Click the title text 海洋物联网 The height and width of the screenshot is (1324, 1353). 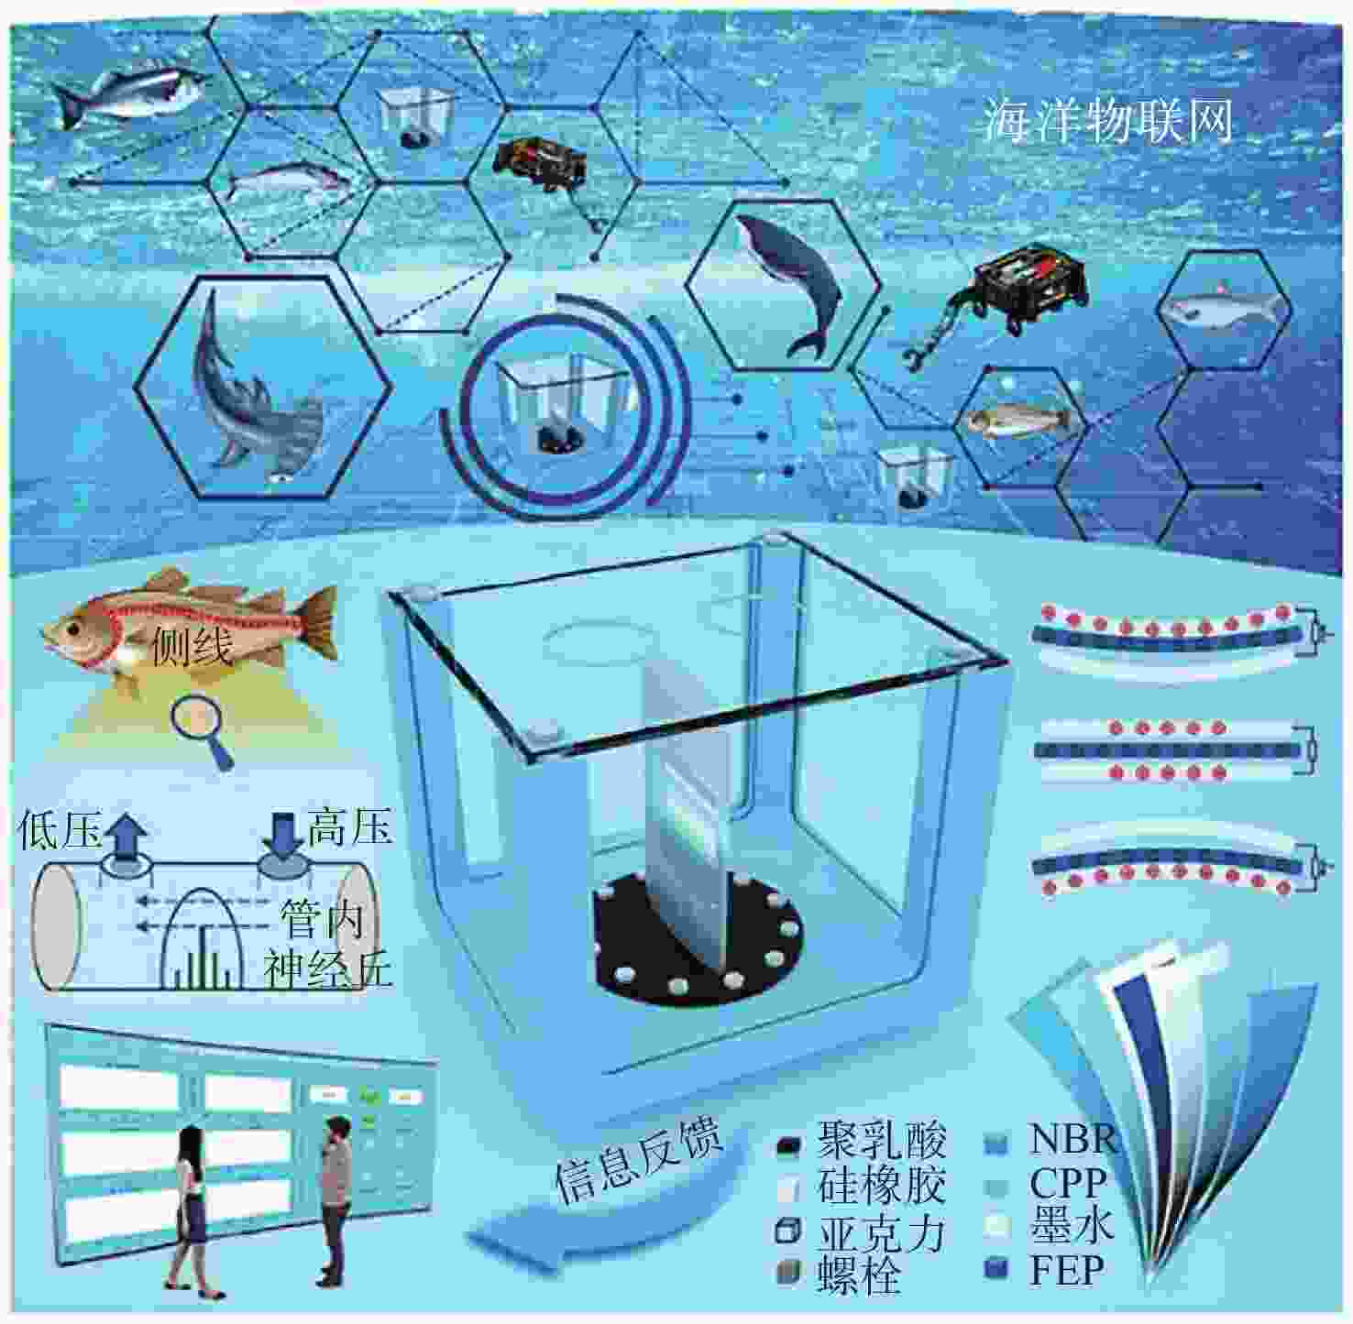(x=1109, y=121)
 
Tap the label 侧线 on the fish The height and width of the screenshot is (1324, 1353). (x=192, y=647)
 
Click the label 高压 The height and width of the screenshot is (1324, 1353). (x=350, y=827)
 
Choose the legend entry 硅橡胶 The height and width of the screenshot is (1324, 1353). (x=862, y=1187)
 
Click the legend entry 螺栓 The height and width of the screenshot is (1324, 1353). (x=840, y=1275)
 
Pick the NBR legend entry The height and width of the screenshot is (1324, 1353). (x=1050, y=1141)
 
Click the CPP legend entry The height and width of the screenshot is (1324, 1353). (x=1044, y=1184)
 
